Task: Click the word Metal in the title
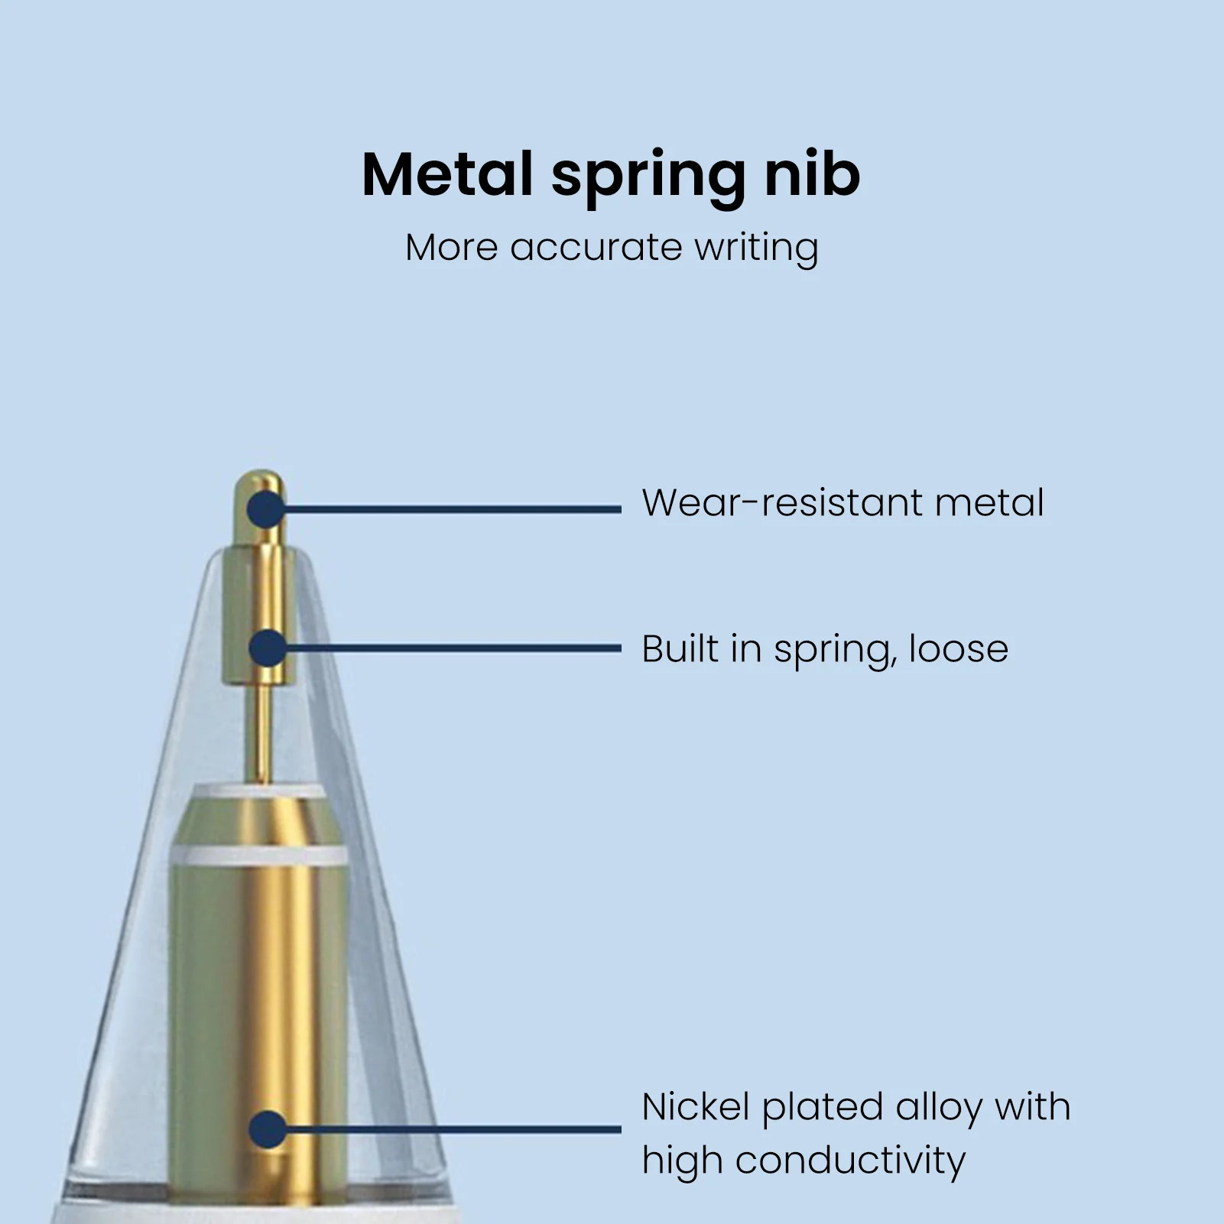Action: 446,175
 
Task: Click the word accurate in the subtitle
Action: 596,248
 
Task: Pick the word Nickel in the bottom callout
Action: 696,1107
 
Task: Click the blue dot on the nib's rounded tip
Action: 266,509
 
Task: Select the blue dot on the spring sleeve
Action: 267,648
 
